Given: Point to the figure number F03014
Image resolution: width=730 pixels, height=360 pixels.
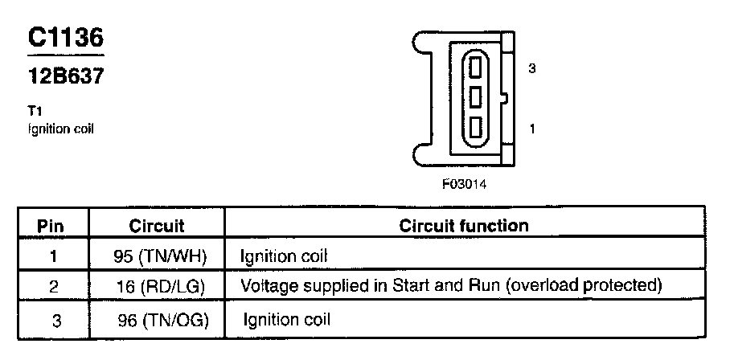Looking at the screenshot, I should tap(464, 183).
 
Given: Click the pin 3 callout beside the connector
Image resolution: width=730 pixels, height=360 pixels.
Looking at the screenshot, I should tap(532, 69).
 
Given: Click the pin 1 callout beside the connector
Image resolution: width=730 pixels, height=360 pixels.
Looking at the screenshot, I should tap(532, 128).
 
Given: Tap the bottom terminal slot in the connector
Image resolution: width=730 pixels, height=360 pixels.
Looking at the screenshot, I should tap(475, 128).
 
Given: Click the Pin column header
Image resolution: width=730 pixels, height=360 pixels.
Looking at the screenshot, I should tap(51, 226).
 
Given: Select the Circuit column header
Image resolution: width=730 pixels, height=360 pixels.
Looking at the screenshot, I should tap(157, 226).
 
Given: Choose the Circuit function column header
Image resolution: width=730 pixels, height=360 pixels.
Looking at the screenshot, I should tap(464, 226).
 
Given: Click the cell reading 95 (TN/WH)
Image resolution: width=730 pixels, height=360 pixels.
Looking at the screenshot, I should tap(161, 256).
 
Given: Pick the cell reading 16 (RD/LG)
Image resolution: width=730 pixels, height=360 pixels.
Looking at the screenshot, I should tap(161, 286).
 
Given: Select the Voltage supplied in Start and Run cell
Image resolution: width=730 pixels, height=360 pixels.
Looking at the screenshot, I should tap(451, 286).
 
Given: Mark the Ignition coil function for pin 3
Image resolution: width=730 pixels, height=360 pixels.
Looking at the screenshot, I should tap(287, 319).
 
